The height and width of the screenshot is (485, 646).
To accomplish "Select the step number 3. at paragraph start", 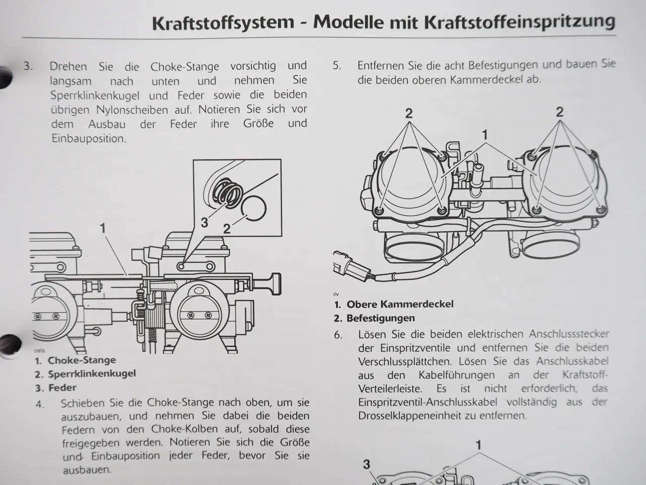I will (28, 66).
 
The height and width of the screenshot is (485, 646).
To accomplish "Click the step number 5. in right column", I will (337, 65).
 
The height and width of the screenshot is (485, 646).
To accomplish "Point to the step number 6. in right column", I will (338, 334).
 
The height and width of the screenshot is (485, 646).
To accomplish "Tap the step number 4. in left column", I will (40, 404).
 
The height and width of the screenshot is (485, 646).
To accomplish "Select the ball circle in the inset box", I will (253, 208).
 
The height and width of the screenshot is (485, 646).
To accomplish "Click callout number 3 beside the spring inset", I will (204, 223).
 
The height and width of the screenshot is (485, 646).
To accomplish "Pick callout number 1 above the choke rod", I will (103, 228).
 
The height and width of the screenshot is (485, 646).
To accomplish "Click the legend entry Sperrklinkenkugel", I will (91, 374).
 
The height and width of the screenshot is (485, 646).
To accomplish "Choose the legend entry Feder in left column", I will (62, 388).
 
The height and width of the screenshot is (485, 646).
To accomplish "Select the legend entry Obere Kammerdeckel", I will (400, 304).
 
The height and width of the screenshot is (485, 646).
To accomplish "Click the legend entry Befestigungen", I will (381, 318).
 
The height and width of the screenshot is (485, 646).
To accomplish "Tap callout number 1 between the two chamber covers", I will (485, 135).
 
